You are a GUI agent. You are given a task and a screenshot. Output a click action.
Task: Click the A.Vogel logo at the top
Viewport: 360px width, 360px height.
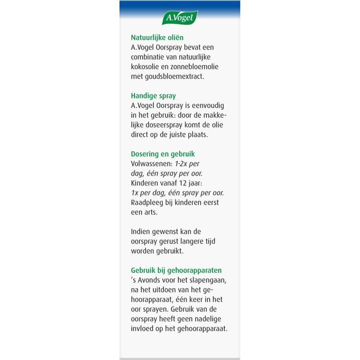click(x=180, y=18)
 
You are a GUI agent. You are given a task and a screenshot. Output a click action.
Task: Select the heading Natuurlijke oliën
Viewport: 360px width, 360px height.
click(x=157, y=38)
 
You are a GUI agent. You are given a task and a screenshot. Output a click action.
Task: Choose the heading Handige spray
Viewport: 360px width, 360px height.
click(x=153, y=96)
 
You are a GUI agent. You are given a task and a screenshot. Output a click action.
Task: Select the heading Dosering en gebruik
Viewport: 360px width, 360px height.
click(x=162, y=154)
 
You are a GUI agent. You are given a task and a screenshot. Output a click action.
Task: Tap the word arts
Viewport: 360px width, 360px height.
click(x=151, y=212)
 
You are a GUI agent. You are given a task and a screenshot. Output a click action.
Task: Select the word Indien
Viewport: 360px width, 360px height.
click(x=141, y=231)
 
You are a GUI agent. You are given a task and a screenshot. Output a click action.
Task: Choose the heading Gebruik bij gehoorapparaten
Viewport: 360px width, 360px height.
click(x=176, y=270)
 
